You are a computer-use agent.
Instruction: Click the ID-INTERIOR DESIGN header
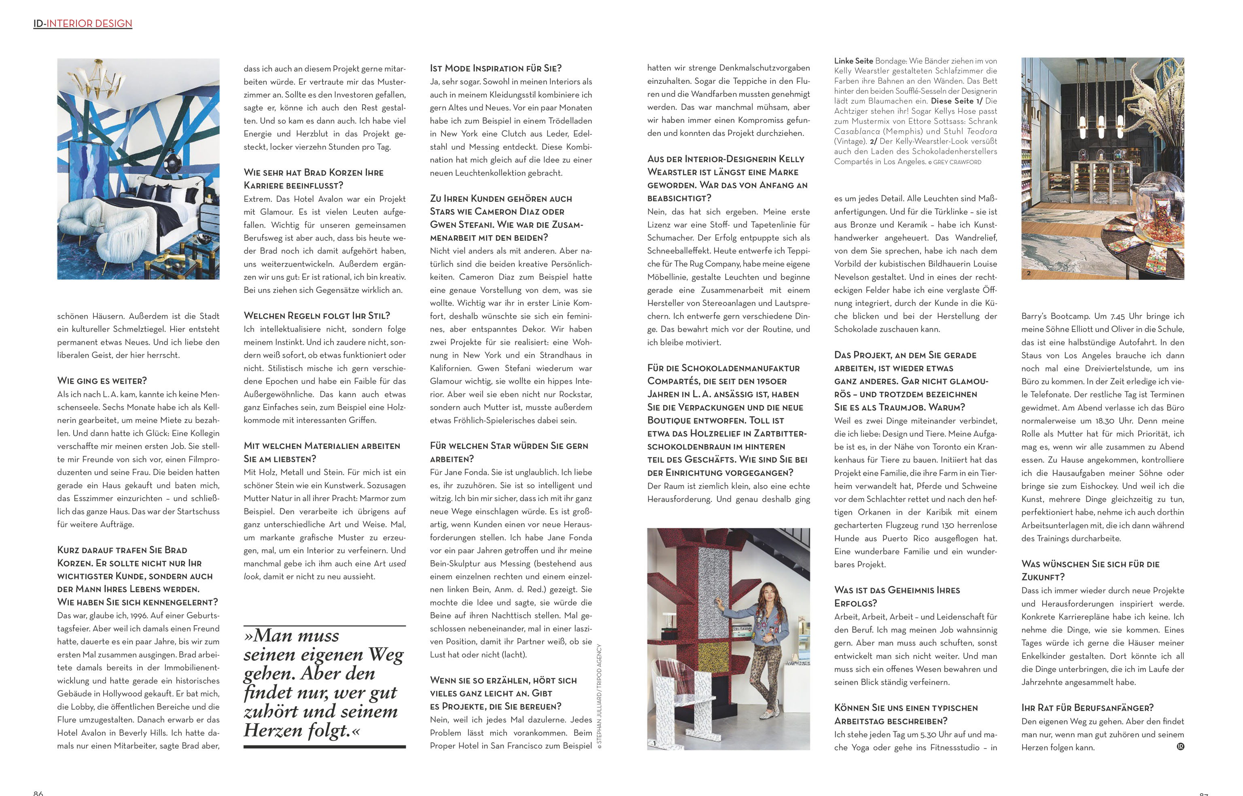pos(83,23)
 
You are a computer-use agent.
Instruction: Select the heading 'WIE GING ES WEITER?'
pos(102,381)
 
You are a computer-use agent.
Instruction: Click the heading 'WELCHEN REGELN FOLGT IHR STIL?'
pos(317,316)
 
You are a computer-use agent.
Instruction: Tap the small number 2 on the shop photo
pos(1029,273)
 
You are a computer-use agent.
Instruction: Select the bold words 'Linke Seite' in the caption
pos(853,61)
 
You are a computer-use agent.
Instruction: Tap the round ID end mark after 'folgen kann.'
pos(1180,746)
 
